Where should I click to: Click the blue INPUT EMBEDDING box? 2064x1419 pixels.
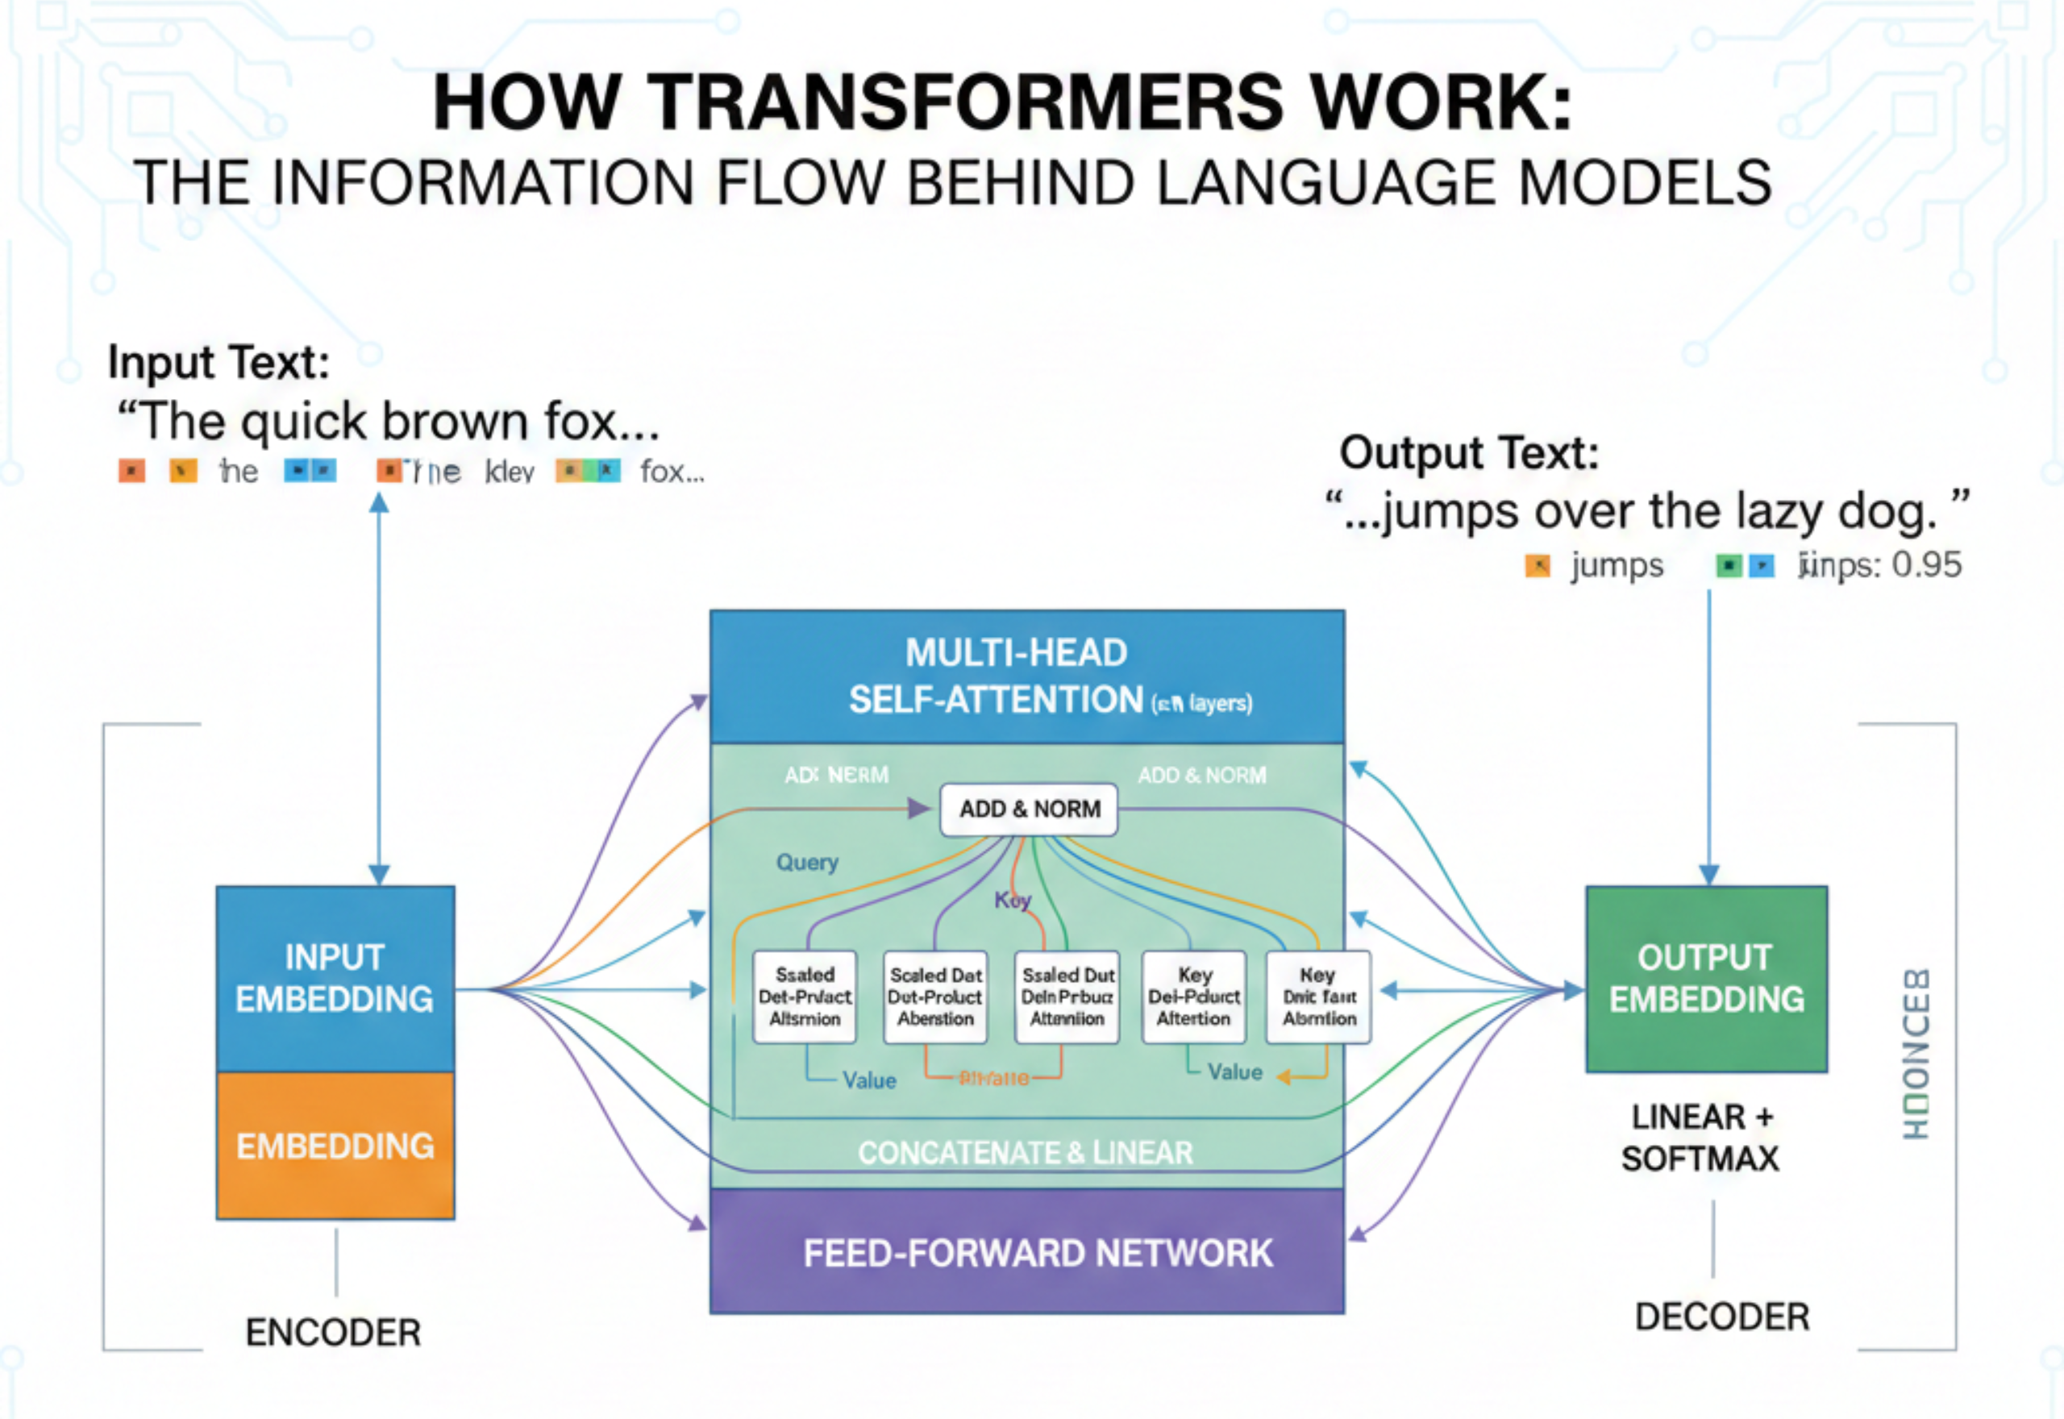coord(335,978)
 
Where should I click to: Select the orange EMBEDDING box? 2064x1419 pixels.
coord(335,1145)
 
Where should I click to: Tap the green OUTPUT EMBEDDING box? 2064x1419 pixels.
coord(1706,978)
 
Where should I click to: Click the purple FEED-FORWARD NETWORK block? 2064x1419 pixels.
coord(1026,1252)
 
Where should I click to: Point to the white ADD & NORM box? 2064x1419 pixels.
coord(1029,809)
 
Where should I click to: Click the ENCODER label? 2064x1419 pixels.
coord(333,1332)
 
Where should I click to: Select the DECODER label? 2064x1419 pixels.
coord(1722,1316)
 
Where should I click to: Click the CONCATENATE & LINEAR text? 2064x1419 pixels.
coord(1025,1152)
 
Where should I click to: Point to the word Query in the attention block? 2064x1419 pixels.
coord(807,862)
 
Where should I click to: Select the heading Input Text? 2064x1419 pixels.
coord(218,362)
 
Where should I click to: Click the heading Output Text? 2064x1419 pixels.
coord(1468,452)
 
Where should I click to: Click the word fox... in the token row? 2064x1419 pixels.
coord(671,471)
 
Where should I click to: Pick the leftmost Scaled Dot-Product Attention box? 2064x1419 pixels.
coord(805,996)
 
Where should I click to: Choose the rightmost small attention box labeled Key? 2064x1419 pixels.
coord(1318,996)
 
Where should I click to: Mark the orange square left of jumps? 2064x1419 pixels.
coord(1537,565)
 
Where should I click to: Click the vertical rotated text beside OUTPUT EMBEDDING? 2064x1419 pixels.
coord(1916,1054)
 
